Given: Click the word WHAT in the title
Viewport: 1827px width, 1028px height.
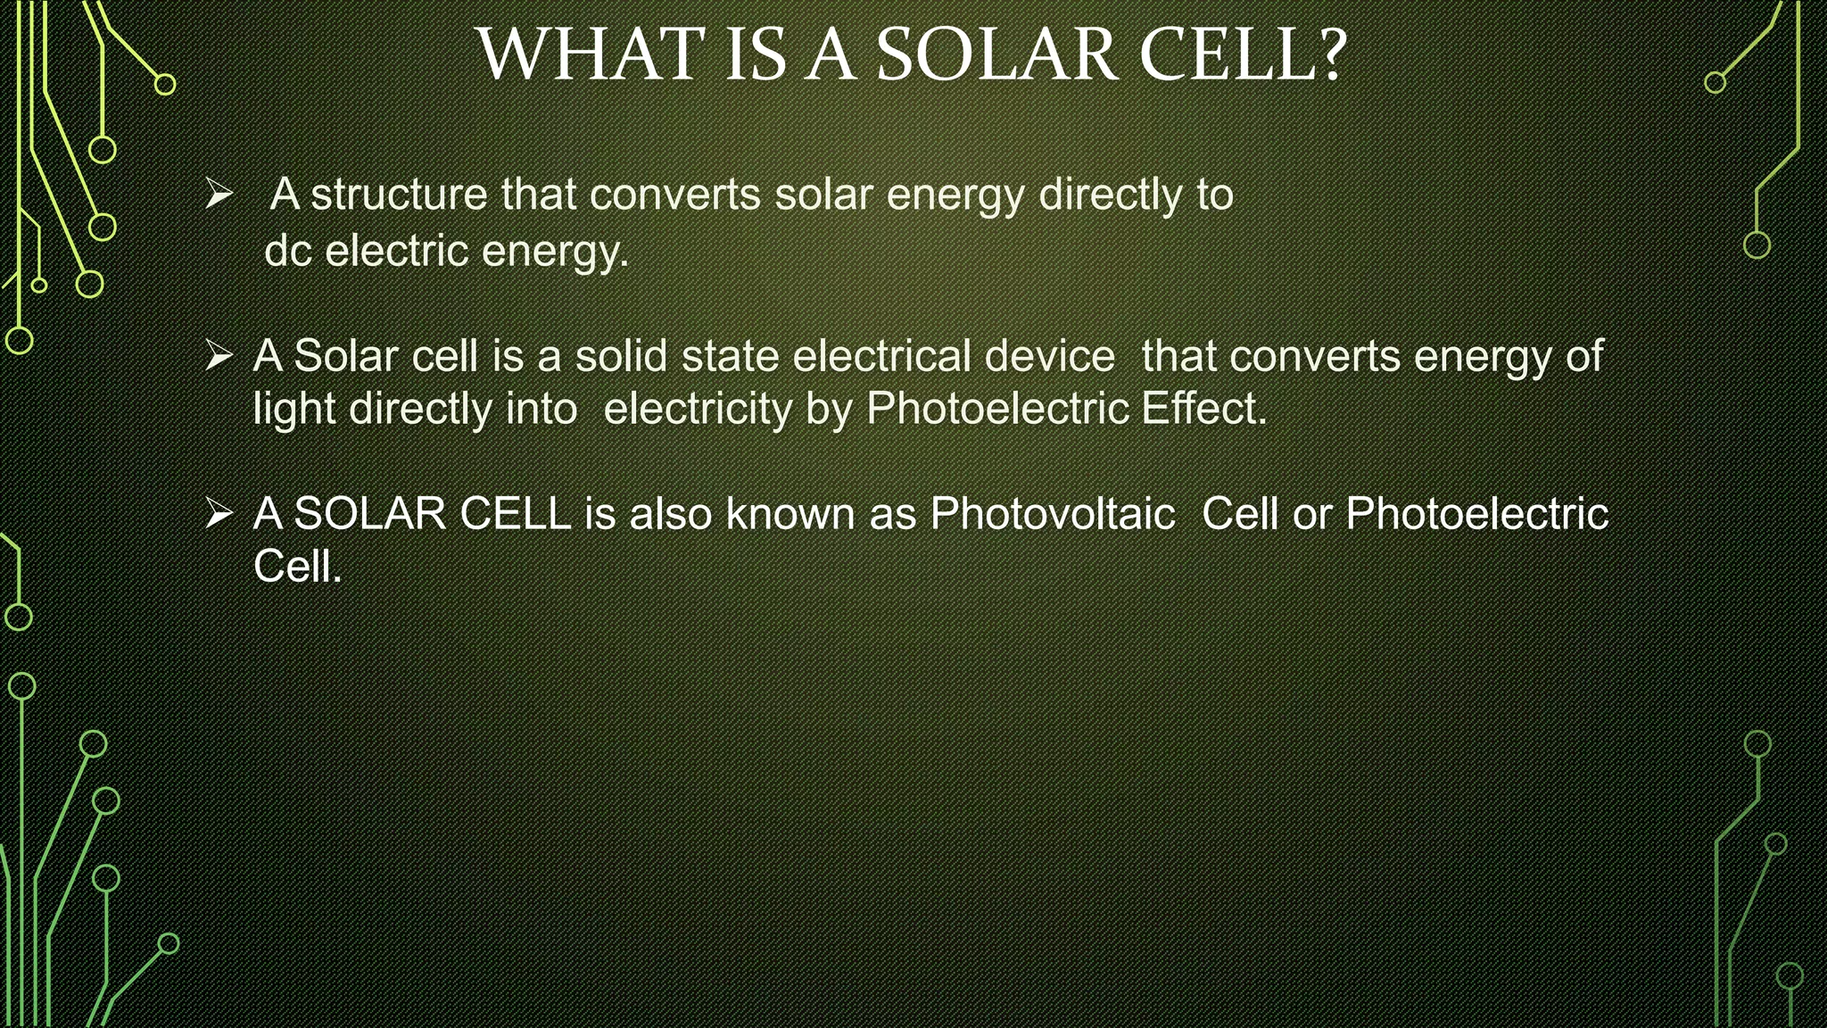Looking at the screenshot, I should point(590,55).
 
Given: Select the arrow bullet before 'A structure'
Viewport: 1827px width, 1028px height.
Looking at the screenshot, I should point(219,194).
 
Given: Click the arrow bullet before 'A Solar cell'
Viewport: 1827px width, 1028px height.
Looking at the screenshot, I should point(219,356).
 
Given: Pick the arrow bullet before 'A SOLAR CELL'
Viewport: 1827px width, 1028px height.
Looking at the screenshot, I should point(219,514).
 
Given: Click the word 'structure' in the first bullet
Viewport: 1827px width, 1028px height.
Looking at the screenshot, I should point(398,195).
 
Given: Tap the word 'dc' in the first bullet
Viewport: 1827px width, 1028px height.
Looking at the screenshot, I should point(287,251).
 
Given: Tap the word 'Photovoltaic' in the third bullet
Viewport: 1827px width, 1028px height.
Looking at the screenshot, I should point(1052,514).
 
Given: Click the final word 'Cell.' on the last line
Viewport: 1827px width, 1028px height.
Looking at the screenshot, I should point(298,567).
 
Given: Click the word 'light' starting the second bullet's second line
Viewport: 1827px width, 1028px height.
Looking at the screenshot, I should point(293,410).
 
